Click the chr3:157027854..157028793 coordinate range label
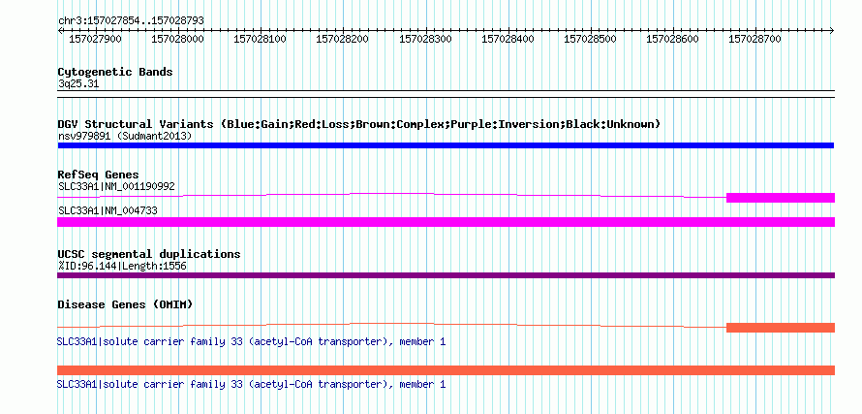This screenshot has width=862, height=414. [131, 20]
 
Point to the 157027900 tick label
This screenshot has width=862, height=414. [95, 39]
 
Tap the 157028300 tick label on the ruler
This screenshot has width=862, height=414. [425, 39]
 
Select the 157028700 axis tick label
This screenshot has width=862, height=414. [754, 39]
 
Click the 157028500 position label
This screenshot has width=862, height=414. [591, 39]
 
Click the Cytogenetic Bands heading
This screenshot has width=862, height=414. [115, 72]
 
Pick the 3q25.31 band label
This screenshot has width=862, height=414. [78, 83]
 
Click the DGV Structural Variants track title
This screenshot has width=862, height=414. [359, 124]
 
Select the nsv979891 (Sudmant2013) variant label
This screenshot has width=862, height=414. [125, 136]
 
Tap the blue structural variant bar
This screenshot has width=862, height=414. [446, 145]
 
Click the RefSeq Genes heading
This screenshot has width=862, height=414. [99, 175]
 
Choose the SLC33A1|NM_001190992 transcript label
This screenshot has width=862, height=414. [116, 186]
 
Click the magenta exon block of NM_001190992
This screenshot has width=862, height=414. [781, 198]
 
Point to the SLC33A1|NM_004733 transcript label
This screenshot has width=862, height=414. [108, 210]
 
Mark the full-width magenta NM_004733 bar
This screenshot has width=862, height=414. [446, 222]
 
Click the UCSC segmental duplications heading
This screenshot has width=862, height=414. [149, 254]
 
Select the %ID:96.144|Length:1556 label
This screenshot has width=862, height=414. [122, 266]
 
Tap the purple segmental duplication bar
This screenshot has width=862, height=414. [446, 275]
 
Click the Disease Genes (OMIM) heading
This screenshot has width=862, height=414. [125, 305]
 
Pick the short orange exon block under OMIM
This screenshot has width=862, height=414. [781, 328]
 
